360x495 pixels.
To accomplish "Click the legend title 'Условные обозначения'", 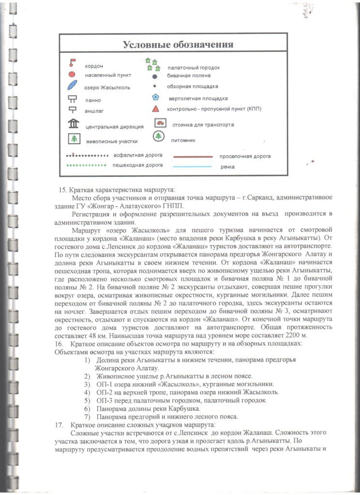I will click(178, 45).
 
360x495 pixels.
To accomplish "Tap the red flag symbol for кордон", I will click(72, 62).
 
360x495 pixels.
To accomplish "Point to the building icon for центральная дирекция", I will click(74, 124).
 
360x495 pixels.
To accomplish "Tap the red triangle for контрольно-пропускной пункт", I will click(155, 109).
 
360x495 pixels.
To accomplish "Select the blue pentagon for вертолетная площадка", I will click(155, 97).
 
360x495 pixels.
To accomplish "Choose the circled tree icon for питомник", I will click(158, 137).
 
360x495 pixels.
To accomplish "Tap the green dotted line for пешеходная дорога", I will click(86, 165).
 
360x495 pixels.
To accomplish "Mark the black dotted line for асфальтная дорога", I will click(86, 156).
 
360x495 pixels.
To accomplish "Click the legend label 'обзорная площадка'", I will click(192, 87).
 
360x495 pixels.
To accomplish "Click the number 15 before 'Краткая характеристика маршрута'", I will click(62, 189).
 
